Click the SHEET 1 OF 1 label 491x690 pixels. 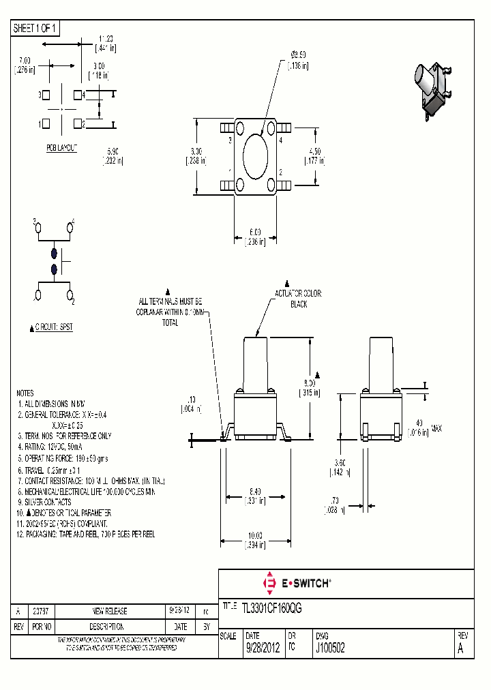[x=35, y=28]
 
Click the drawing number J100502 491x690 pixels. [x=329, y=649]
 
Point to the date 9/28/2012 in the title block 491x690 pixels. [x=262, y=649]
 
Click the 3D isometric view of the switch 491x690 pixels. [x=431, y=91]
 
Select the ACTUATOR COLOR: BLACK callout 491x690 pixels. [x=299, y=299]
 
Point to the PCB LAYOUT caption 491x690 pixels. [x=62, y=148]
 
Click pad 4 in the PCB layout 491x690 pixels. [x=77, y=95]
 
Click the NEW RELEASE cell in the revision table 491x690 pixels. [x=109, y=611]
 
